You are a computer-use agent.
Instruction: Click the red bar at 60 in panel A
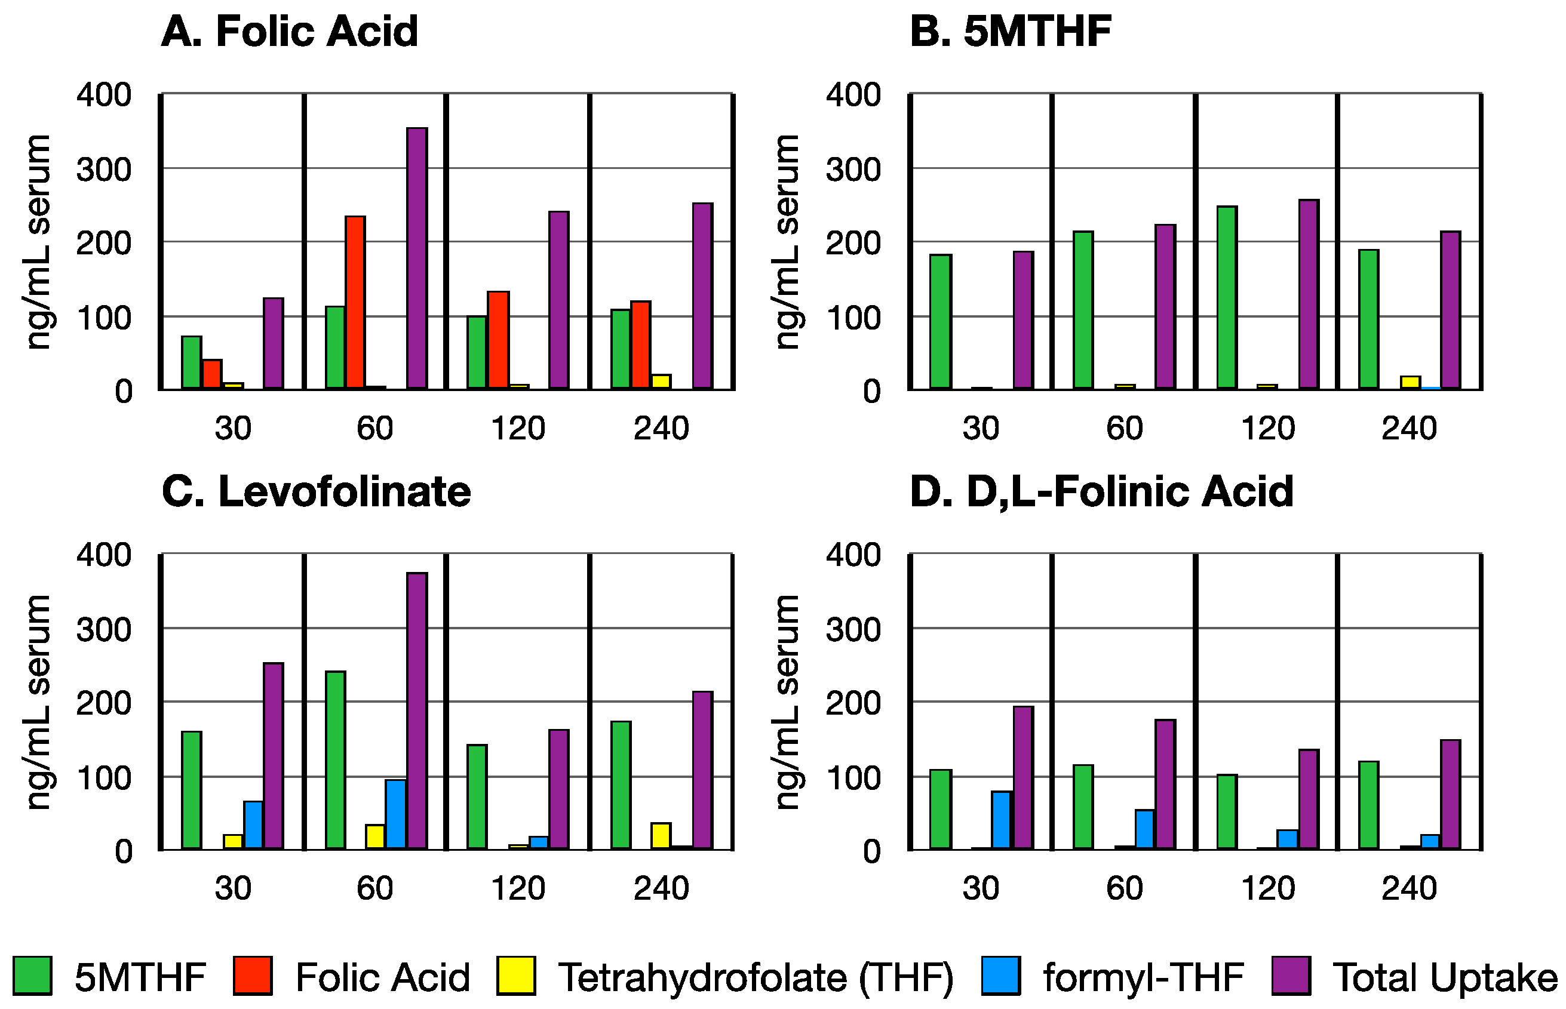[x=355, y=303]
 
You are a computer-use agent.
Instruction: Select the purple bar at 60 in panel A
[x=417, y=259]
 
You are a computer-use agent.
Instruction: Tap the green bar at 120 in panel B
[x=1227, y=298]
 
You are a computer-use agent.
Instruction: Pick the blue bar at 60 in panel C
[x=396, y=814]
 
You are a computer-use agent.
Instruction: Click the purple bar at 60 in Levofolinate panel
[x=417, y=712]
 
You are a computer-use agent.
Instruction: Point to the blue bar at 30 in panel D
[x=1001, y=820]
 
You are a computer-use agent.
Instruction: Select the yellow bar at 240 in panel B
[x=1410, y=383]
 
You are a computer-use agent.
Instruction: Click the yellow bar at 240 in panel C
[x=661, y=836]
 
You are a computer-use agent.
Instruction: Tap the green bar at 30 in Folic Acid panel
[x=191, y=362]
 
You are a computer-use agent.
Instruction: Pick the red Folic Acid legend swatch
[x=252, y=976]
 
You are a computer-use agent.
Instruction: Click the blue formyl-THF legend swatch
[x=1000, y=976]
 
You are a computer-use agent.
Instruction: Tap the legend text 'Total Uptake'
[x=1445, y=978]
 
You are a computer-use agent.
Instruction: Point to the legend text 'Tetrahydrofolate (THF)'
[x=756, y=978]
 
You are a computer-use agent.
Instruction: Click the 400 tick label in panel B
[x=852, y=95]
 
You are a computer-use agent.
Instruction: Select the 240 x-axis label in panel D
[x=1409, y=889]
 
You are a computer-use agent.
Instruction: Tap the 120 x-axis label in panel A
[x=518, y=429]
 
